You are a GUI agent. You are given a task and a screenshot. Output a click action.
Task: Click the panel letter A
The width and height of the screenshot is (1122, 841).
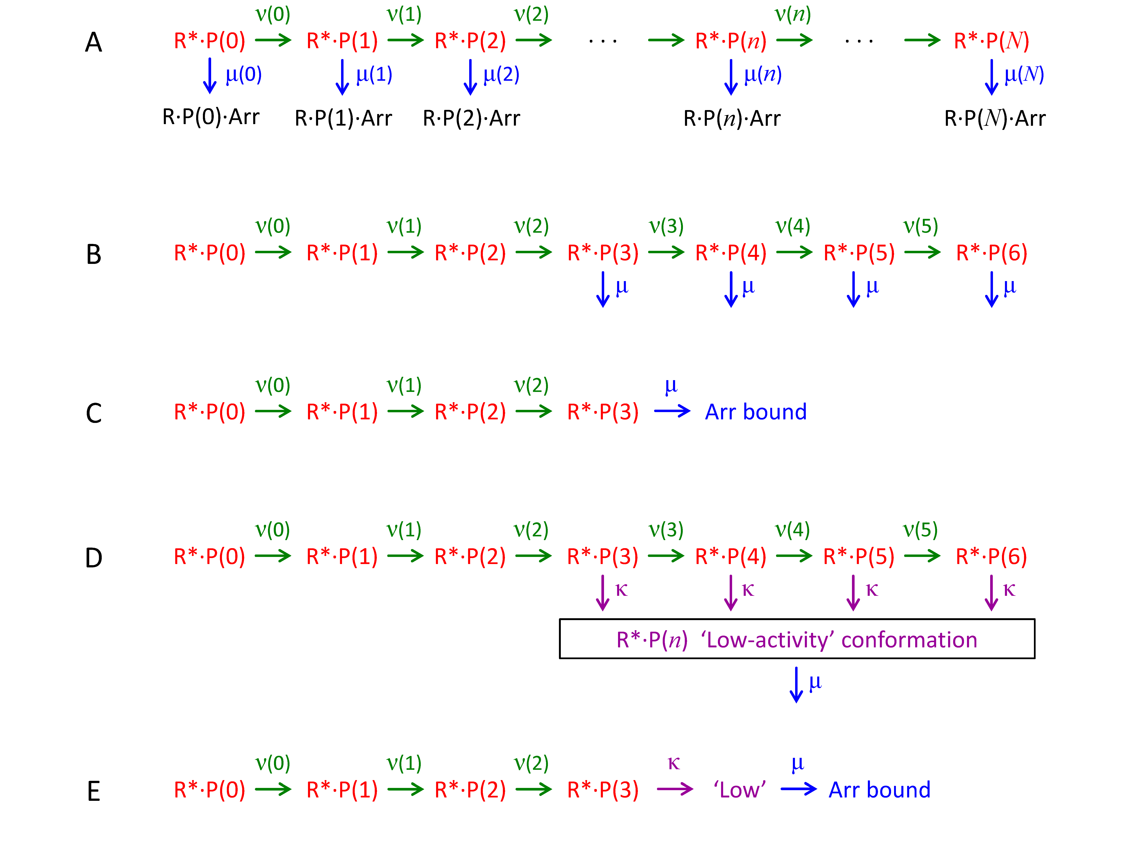coord(94,42)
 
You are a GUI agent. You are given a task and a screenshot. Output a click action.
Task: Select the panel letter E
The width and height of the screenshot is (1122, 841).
coord(94,791)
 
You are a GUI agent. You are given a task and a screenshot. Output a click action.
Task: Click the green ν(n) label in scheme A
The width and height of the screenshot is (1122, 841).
coord(793,14)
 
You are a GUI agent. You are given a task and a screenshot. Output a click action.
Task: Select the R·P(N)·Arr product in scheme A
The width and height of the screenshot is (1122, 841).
coord(995,118)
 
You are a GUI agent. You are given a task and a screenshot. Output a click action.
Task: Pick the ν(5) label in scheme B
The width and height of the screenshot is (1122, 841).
coord(921,226)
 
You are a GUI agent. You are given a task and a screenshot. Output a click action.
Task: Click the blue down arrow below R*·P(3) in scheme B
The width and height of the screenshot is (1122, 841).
coord(603,289)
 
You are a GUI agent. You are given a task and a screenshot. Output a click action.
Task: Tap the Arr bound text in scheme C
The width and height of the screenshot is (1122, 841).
coord(756,412)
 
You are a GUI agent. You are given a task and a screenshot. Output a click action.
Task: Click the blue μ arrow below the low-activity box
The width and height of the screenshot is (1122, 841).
coord(796,684)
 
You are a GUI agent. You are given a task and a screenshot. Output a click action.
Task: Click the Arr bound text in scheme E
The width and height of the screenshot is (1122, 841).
coord(879,790)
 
